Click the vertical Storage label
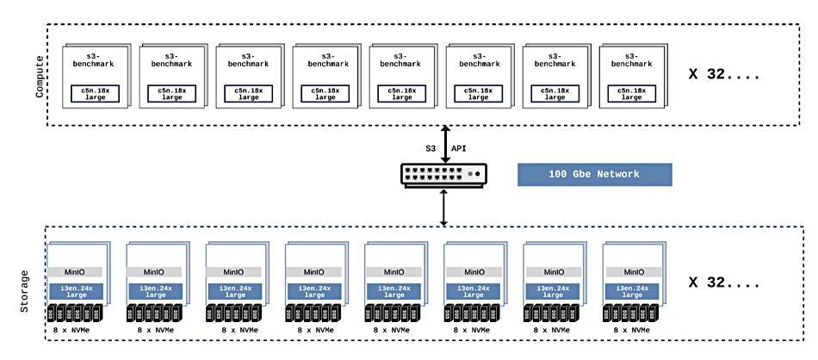pos(24,291)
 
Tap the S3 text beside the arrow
pos(429,149)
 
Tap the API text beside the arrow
pos(459,149)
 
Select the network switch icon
pos(444,174)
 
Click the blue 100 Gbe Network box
pos(594,174)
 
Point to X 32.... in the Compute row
pos(723,74)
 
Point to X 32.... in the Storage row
pos(723,283)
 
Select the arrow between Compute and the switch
pos(444,145)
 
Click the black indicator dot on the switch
pos(477,174)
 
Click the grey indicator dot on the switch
pos(469,174)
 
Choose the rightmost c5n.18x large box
pos(632,93)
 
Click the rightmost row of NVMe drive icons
pos(630,313)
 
